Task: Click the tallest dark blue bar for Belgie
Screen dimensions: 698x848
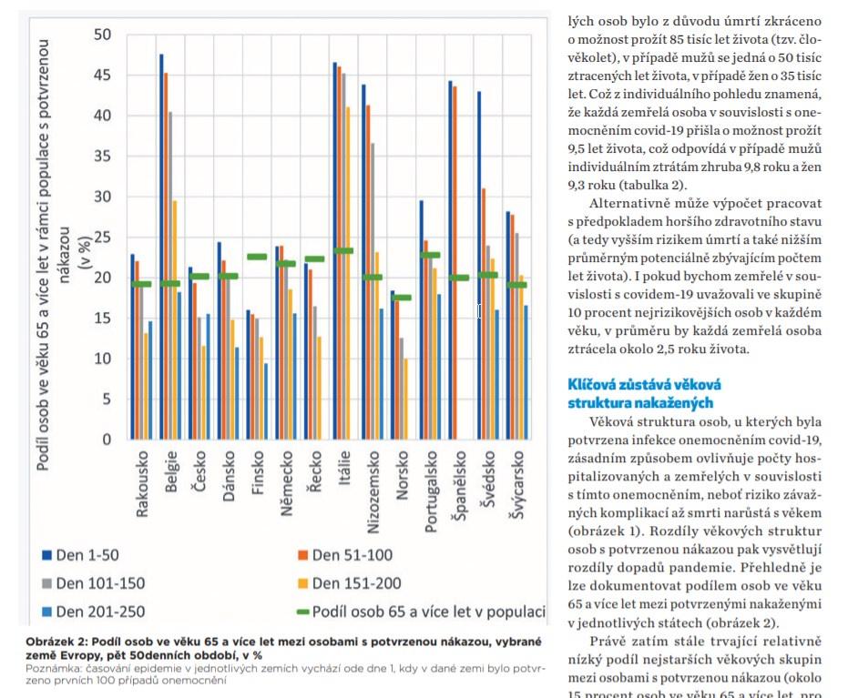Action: tap(161, 246)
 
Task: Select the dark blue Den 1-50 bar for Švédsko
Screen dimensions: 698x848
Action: tap(478, 264)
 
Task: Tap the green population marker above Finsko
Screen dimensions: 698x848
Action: tap(257, 257)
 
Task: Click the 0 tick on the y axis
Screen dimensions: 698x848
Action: tap(107, 439)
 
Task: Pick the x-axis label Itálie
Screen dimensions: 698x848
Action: tap(343, 466)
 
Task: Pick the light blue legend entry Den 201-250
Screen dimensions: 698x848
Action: tap(90, 612)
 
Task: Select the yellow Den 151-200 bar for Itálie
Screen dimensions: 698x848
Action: tap(348, 273)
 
